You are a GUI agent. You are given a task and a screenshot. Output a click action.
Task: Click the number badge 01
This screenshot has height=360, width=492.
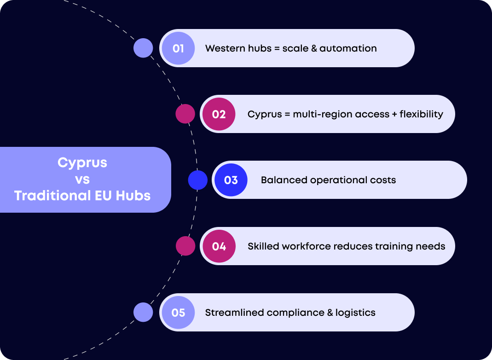178,48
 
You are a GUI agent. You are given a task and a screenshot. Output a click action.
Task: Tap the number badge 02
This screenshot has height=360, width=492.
219,114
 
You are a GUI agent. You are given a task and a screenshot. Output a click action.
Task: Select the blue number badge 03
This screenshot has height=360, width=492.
231,180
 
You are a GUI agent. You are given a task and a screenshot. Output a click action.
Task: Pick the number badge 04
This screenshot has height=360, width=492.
219,246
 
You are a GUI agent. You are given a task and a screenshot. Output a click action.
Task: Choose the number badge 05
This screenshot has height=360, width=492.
178,313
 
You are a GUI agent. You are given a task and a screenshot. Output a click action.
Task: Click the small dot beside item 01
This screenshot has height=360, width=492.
143,48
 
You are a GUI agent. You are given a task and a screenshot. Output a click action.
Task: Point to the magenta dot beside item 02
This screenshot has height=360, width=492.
185,114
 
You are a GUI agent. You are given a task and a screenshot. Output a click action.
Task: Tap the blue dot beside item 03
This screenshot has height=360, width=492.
198,180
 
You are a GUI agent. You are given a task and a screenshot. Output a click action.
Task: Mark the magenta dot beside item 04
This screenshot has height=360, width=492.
185,246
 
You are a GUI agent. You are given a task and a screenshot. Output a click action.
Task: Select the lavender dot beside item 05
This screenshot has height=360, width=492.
143,312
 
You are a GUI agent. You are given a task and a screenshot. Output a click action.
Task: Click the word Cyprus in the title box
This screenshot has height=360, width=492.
82,163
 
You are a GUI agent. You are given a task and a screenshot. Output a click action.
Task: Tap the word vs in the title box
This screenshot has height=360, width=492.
82,179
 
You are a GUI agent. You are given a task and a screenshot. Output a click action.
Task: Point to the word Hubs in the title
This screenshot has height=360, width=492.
133,196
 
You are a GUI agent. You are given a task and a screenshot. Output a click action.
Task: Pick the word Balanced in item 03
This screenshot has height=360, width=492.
284,180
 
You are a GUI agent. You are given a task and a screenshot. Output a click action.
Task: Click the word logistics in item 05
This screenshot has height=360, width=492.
355,313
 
